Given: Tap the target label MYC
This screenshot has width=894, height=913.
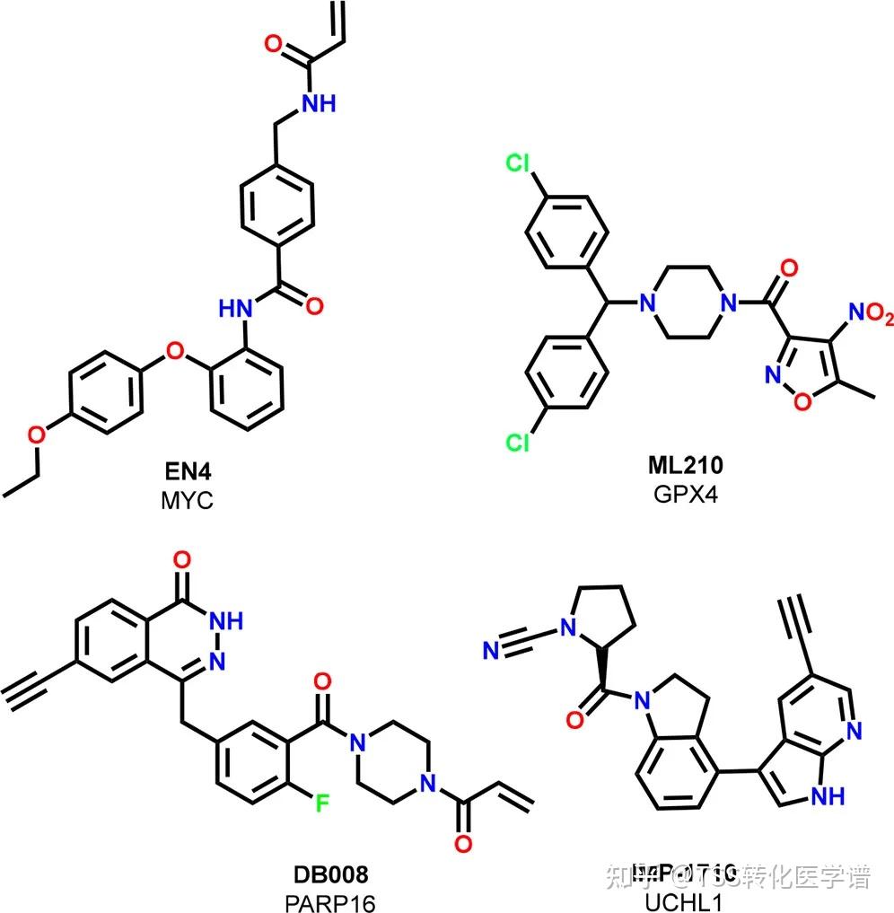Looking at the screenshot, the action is coord(187,499).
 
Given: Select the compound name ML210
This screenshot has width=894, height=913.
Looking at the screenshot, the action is coord(685,465).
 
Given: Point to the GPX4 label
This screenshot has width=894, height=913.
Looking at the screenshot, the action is coord(685,495).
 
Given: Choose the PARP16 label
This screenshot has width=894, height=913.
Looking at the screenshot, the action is coord(331,900).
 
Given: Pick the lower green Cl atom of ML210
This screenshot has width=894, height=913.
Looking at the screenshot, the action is coord(519,443).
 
